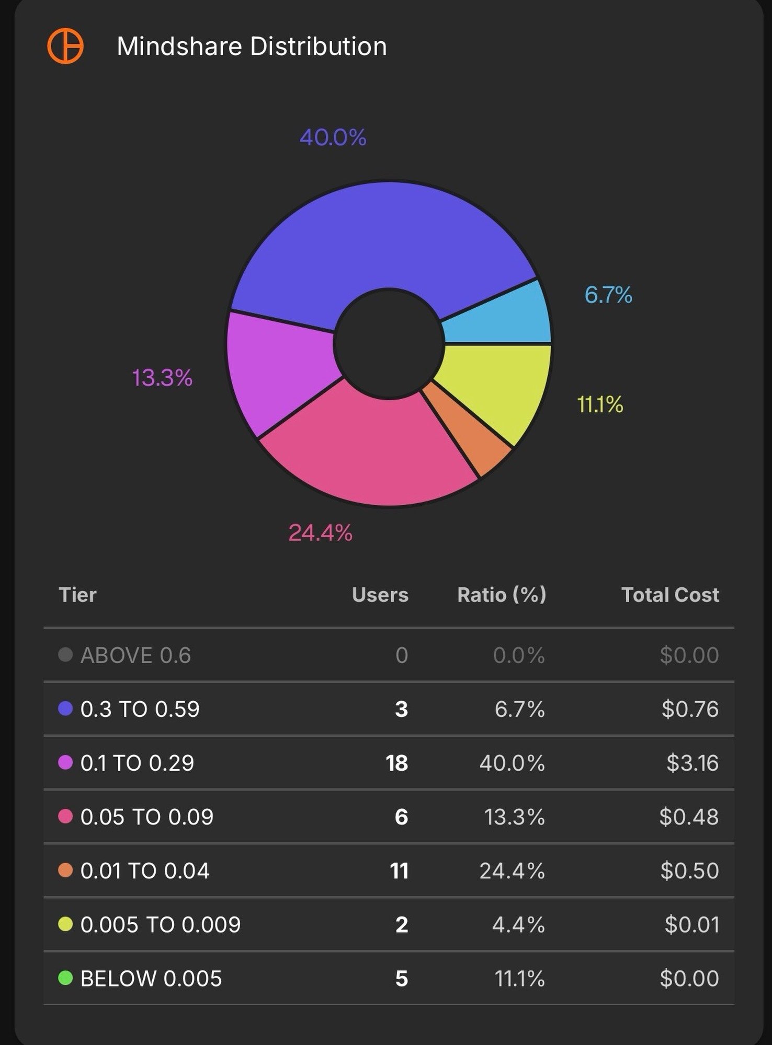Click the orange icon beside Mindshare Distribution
[x=65, y=46]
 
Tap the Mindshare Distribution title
[x=252, y=46]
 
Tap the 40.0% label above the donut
[x=333, y=137]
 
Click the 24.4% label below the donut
[x=320, y=533]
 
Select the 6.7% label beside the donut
[x=608, y=295]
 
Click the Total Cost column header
[x=669, y=595]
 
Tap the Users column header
[x=380, y=595]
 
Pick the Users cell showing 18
[x=396, y=763]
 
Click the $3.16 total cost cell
[x=692, y=763]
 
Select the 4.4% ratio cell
[x=518, y=924]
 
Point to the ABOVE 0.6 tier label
[x=135, y=655]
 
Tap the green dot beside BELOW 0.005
[x=65, y=978]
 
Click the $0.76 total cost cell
[x=689, y=709]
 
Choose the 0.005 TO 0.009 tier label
[x=160, y=924]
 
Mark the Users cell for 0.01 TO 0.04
[x=399, y=870]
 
